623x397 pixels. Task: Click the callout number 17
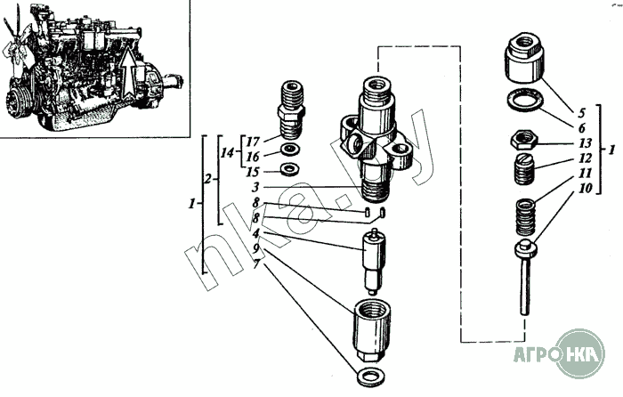point(253,141)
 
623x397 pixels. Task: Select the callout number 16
point(253,156)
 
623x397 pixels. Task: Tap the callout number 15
point(253,171)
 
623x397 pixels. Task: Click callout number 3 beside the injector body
point(255,187)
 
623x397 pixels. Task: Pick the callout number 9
point(255,247)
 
